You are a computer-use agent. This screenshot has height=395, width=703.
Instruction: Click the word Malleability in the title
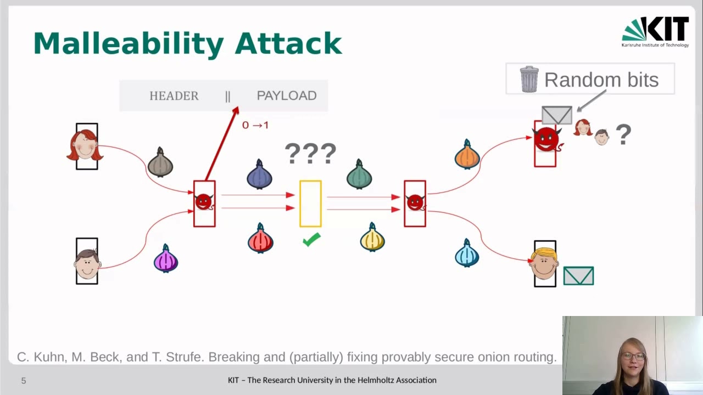point(128,44)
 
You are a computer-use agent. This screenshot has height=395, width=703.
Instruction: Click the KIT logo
point(655,31)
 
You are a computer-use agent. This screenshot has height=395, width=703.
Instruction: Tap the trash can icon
point(529,80)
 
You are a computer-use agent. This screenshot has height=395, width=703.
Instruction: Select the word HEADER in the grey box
point(174,96)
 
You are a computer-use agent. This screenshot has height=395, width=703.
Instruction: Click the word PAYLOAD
point(286,96)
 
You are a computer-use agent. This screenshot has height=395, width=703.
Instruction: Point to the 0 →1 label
point(255,125)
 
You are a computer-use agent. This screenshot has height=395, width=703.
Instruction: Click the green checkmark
point(311,240)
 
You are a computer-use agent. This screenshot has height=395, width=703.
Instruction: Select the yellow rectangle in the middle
point(310,204)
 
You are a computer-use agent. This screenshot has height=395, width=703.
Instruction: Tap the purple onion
point(166,259)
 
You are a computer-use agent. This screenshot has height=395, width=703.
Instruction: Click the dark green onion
point(359,175)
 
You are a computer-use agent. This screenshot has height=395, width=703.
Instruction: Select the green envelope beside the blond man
point(578,276)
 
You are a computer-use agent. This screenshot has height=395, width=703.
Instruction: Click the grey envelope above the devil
point(556,115)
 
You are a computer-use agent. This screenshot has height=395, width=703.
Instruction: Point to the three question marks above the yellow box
point(310,154)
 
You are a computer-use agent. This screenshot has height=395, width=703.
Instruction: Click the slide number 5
point(24,381)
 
